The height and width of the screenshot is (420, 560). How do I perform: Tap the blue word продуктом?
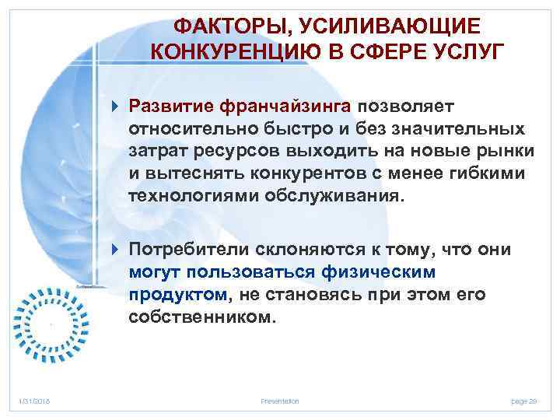177,295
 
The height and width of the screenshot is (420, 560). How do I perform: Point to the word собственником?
202,317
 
